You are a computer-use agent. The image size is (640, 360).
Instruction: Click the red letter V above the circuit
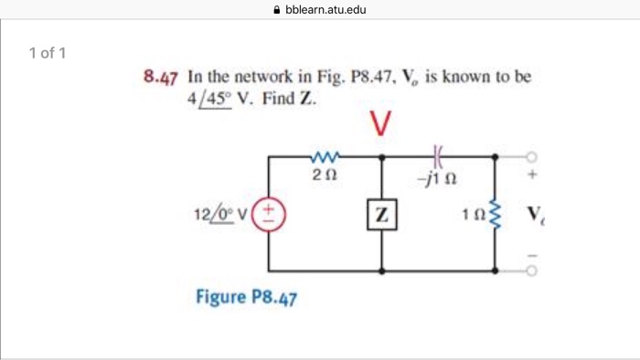[382, 122]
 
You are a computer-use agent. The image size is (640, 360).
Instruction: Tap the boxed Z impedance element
[381, 216]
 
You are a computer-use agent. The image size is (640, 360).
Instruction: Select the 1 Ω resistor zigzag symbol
[496, 216]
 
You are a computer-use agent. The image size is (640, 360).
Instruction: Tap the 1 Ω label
[475, 217]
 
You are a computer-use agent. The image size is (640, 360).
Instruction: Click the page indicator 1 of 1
[48, 52]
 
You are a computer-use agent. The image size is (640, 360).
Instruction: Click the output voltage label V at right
[534, 217]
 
